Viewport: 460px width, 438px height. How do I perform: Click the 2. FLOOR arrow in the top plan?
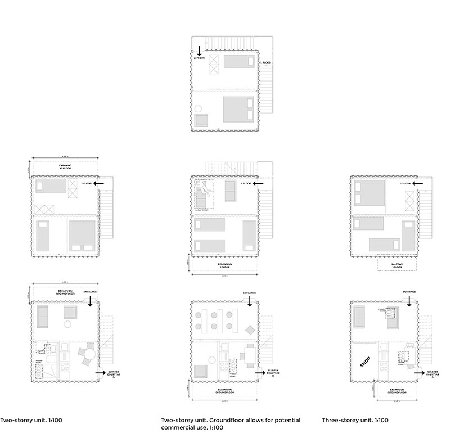[x=199, y=50]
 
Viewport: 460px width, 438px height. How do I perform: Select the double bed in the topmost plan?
[x=238, y=109]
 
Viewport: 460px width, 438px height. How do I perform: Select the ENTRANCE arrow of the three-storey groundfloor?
[x=409, y=300]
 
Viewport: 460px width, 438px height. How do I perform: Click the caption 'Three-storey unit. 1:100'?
[x=355, y=420]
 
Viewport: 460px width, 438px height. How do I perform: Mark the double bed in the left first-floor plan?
[x=82, y=235]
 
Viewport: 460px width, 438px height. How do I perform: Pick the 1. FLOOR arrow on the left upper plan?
[x=100, y=183]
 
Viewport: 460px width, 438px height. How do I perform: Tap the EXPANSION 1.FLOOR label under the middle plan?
[x=226, y=265]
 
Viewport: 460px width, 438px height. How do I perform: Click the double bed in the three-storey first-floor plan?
[x=369, y=194]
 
